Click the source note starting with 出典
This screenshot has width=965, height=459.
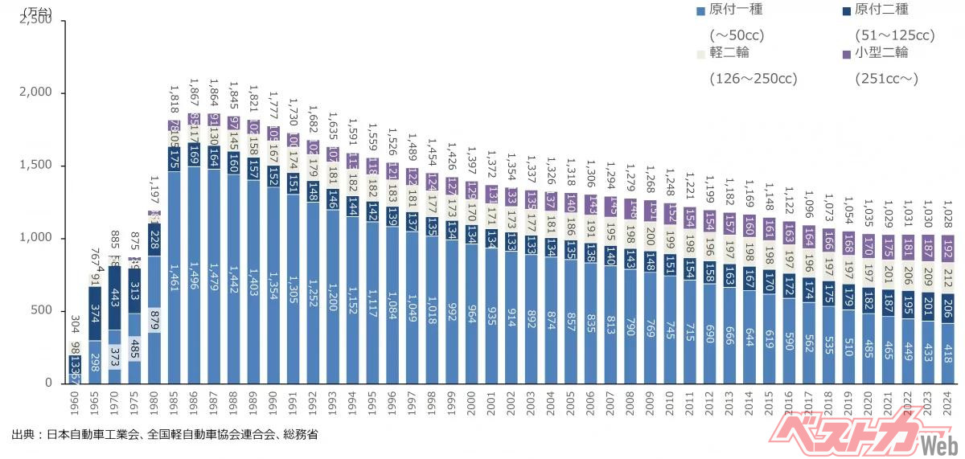pos(164,435)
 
